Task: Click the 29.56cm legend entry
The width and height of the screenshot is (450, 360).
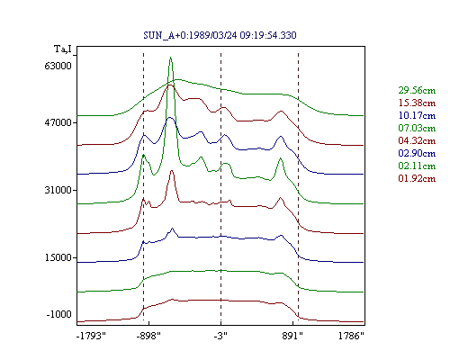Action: tap(417, 90)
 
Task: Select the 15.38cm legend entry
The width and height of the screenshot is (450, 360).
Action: tap(417, 103)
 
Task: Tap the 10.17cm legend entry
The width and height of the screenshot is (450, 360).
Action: tap(417, 115)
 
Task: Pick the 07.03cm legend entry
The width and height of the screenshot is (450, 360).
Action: tap(417, 128)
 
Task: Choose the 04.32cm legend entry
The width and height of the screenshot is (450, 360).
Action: tap(417, 140)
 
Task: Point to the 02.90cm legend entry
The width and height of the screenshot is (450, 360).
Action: tap(417, 153)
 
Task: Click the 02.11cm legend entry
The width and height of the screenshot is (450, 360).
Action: tap(417, 166)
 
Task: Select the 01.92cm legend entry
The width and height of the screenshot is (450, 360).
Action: tap(417, 178)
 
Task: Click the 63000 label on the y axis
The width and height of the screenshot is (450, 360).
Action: tap(58, 66)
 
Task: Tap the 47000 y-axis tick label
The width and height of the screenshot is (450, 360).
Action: tap(58, 122)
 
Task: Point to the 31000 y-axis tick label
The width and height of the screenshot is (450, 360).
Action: tap(58, 190)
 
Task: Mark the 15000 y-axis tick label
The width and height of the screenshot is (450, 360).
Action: tap(58, 257)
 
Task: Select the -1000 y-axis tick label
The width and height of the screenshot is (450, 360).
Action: tap(59, 314)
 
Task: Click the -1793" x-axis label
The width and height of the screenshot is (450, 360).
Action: tap(91, 336)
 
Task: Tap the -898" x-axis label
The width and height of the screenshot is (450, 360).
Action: tap(148, 336)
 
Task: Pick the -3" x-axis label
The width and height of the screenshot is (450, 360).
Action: tap(220, 336)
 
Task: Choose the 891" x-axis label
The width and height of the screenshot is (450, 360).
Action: tap(292, 336)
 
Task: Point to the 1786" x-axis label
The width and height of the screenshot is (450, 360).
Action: tap(351, 336)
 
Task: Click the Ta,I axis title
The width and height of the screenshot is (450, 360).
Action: tap(63, 49)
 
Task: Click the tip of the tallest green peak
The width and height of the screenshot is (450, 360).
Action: tap(170, 57)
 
